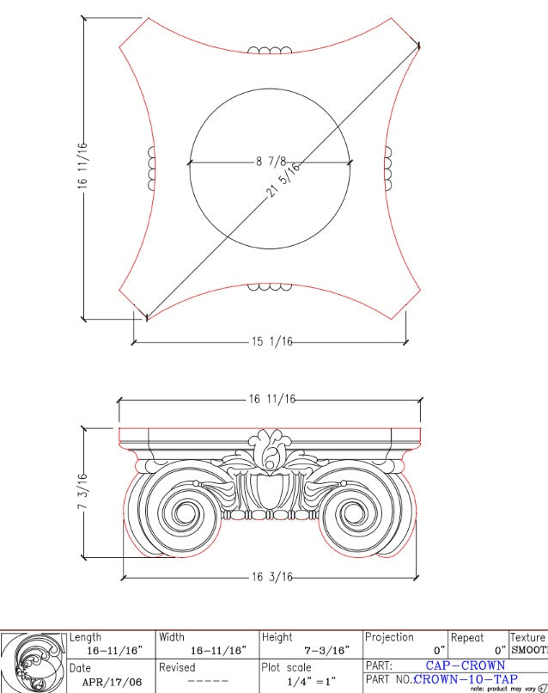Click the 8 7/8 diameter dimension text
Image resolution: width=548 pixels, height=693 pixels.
click(x=270, y=161)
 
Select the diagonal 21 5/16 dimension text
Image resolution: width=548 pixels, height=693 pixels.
click(x=284, y=180)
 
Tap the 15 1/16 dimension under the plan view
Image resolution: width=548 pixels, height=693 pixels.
click(x=272, y=341)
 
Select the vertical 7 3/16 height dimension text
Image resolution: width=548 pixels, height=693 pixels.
click(x=83, y=492)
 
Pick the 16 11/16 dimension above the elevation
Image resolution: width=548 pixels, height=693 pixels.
click(x=272, y=399)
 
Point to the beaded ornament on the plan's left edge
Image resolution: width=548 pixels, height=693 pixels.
click(x=152, y=168)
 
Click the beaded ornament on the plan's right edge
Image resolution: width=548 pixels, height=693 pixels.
click(x=387, y=168)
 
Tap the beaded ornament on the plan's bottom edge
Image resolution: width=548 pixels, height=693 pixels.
click(x=270, y=286)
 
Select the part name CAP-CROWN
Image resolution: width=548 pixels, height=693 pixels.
click(x=465, y=665)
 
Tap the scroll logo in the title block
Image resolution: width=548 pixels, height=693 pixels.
click(x=33, y=663)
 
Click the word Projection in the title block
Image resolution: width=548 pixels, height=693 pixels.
click(x=389, y=637)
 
